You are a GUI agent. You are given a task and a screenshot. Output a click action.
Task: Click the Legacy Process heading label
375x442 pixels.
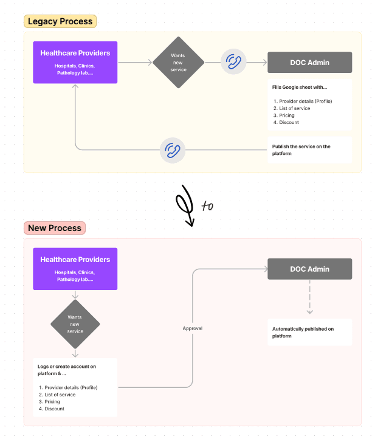point(60,22)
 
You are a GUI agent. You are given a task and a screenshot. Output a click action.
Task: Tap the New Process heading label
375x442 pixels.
point(55,229)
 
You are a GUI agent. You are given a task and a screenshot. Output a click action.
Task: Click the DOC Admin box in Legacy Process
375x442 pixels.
point(309,62)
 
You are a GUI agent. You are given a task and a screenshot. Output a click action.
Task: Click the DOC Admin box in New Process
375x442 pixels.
point(309,269)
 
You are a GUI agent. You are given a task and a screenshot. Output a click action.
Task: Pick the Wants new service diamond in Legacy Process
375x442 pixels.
point(178,62)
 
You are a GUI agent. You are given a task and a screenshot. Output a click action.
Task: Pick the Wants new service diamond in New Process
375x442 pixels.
point(75,323)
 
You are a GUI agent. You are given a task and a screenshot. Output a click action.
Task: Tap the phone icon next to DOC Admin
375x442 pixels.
point(233,62)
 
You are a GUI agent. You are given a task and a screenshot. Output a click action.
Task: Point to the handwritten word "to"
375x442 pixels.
point(207,206)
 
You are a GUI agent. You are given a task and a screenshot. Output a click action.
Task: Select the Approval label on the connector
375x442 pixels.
point(193,328)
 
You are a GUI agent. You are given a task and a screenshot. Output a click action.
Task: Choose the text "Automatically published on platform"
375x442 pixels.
point(303,333)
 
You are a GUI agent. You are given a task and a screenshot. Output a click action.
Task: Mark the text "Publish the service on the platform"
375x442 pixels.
point(301,150)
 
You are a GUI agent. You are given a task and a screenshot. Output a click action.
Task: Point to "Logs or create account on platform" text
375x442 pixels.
point(67,370)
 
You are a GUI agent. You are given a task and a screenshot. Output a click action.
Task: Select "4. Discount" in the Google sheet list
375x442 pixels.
point(286,122)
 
